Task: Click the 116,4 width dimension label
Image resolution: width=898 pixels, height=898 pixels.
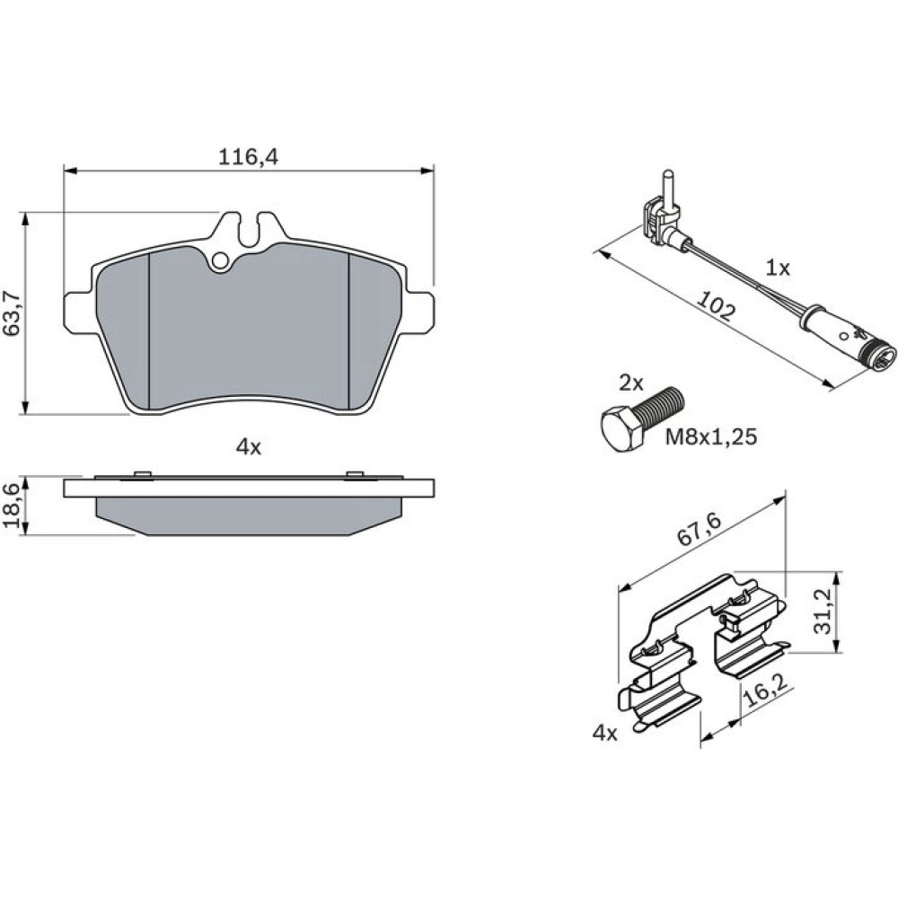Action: (x=248, y=156)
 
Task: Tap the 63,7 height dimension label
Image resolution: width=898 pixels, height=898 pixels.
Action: (x=13, y=313)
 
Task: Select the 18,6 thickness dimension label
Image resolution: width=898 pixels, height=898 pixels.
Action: (x=13, y=504)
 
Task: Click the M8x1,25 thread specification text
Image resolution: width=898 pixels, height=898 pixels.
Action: (x=710, y=437)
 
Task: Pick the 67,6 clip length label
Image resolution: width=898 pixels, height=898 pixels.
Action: (x=700, y=527)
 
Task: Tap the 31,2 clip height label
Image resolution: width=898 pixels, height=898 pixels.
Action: (x=823, y=612)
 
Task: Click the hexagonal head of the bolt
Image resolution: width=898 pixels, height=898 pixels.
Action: (x=621, y=427)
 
